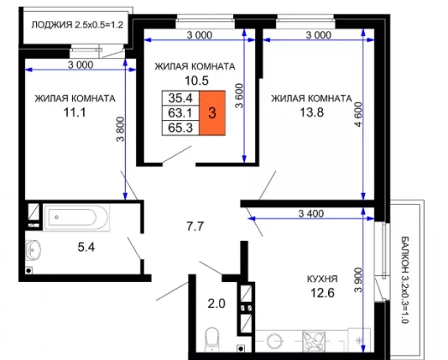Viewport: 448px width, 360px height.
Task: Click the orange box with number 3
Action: click(212, 113)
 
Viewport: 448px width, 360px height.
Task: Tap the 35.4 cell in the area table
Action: click(181, 98)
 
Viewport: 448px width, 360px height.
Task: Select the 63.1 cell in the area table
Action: click(181, 113)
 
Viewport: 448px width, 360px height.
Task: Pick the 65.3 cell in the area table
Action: click(181, 128)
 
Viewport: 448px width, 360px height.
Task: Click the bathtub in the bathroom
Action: click(76, 218)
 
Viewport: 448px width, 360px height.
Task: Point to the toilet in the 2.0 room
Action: click(212, 339)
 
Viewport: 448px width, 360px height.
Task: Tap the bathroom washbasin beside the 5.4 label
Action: click(33, 250)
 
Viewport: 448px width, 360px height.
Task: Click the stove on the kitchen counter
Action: click(314, 341)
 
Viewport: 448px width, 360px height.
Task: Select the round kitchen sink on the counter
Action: click(275, 341)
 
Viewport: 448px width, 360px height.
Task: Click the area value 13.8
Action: click(312, 112)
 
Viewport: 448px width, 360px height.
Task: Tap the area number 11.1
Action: click(75, 112)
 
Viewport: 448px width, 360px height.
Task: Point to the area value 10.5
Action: click(196, 81)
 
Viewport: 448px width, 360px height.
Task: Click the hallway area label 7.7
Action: click(195, 226)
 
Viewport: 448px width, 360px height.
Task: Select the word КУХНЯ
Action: click(322, 279)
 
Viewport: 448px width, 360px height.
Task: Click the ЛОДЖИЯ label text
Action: click(51, 25)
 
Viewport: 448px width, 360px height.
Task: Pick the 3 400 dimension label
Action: click(311, 213)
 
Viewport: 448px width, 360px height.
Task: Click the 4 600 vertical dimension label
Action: click(358, 114)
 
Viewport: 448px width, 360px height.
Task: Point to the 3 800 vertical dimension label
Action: click(120, 129)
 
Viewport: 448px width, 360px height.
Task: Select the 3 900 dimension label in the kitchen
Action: click(358, 280)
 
